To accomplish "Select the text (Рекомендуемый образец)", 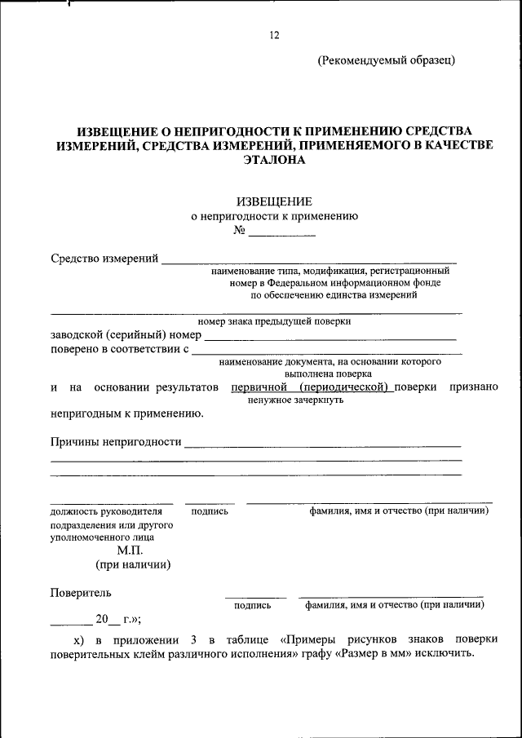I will pyautogui.click(x=387, y=60).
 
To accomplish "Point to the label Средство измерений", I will pyautogui.click(x=104, y=259).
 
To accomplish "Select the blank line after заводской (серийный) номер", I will pyautogui.click(x=330, y=335).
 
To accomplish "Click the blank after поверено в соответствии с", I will pyautogui.click(x=326, y=350).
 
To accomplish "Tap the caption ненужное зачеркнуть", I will pyautogui.click(x=294, y=400).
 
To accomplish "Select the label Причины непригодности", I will pyautogui.click(x=115, y=442).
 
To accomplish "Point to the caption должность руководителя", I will pyautogui.click(x=101, y=511).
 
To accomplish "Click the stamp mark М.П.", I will pyautogui.click(x=130, y=550).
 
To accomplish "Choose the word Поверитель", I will pyautogui.click(x=81, y=593).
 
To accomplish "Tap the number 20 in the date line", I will pyautogui.click(x=102, y=618).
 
